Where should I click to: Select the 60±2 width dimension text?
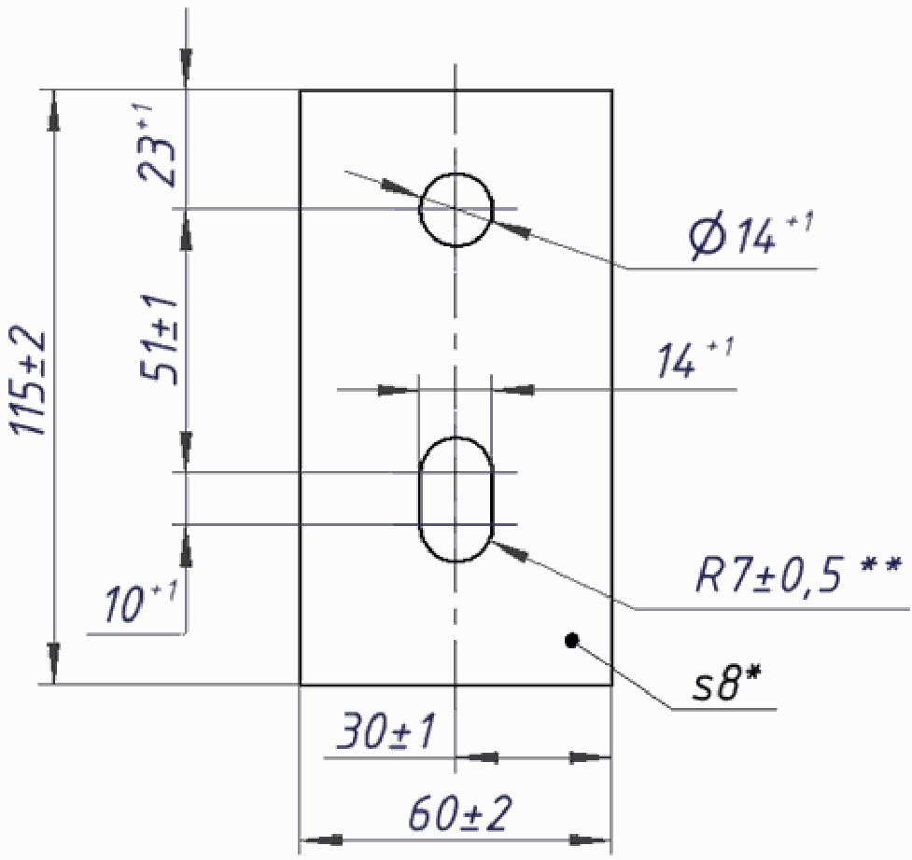[x=460, y=814]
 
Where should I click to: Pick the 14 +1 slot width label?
[x=695, y=358]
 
